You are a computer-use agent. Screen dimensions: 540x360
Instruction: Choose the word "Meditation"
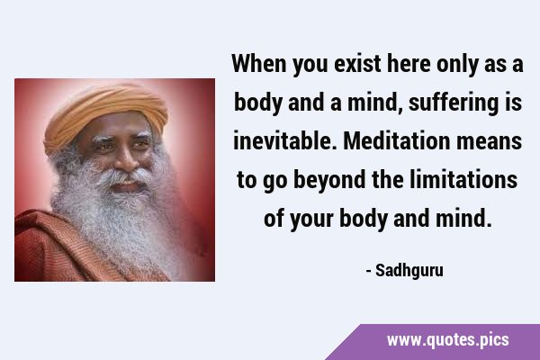(x=397, y=141)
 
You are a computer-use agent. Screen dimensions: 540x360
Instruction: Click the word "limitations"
(x=463, y=180)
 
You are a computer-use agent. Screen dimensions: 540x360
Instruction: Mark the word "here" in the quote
(x=409, y=64)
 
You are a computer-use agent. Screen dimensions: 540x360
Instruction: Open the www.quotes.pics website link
(x=447, y=340)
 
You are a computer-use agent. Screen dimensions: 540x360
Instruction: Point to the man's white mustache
(x=125, y=175)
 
